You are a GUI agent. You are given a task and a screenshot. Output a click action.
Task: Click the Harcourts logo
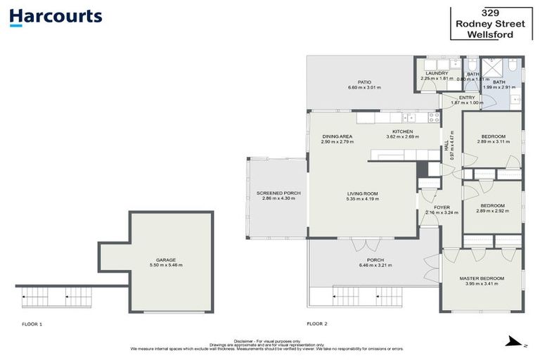(56, 17)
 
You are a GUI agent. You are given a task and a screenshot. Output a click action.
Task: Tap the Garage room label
(166, 259)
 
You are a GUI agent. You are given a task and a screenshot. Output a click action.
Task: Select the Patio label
(364, 82)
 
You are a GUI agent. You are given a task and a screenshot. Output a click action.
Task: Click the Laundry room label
(437, 73)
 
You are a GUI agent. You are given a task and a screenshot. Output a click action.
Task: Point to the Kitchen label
(402, 131)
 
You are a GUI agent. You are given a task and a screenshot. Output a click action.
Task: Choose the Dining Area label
(337, 136)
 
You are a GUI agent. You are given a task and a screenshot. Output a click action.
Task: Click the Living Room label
(363, 193)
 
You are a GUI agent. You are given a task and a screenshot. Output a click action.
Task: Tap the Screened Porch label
(278, 193)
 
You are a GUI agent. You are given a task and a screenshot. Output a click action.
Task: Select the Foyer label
(442, 207)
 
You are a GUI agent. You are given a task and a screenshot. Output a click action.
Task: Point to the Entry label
(467, 98)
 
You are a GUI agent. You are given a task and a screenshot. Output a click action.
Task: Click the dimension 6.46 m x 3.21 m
(375, 266)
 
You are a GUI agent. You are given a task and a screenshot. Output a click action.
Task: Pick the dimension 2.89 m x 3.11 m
(493, 141)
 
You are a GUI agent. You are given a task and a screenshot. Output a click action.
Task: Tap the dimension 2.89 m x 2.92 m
(492, 211)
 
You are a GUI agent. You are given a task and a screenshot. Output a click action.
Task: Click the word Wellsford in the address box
(490, 34)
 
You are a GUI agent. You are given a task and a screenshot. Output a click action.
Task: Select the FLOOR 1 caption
(32, 324)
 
